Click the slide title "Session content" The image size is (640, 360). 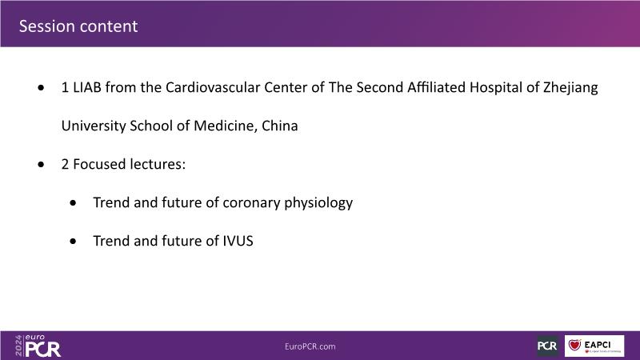point(78,26)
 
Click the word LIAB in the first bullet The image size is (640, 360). point(87,87)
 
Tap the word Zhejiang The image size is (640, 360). point(570,88)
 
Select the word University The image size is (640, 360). point(94,126)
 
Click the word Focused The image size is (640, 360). point(99,164)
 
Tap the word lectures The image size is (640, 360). point(158,164)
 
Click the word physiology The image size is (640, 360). point(318,203)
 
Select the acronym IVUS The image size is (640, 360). point(238,241)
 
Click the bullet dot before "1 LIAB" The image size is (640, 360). point(41,87)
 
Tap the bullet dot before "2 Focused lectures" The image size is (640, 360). point(41,164)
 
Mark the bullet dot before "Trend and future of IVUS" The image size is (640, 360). point(73,241)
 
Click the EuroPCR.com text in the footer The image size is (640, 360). point(310,346)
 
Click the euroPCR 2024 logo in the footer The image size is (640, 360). point(38,346)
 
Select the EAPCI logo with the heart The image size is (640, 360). point(594,346)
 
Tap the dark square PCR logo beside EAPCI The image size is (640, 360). point(547,346)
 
